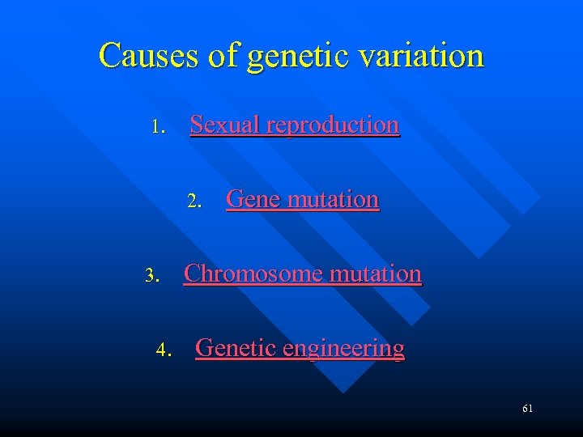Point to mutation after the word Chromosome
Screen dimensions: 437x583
375,274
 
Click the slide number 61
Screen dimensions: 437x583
527,409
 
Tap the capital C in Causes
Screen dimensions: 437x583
109,56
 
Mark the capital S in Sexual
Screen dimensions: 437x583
196,125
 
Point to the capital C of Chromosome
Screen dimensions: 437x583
192,274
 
